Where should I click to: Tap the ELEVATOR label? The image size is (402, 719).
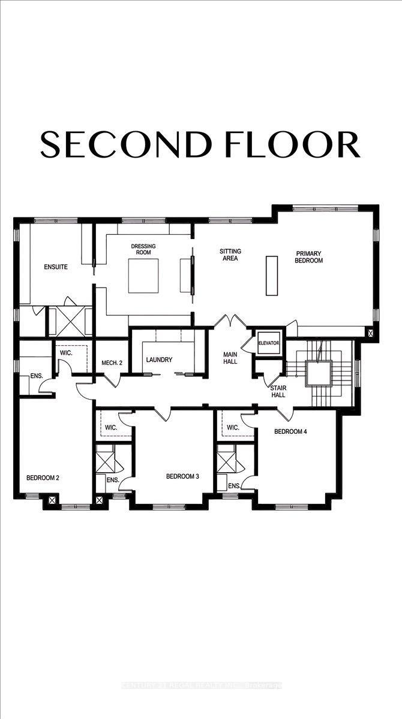click(268, 343)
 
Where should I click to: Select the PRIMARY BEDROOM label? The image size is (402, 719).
click(309, 257)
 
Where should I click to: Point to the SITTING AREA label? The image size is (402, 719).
click(229, 255)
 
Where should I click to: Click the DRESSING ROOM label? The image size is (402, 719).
click(143, 250)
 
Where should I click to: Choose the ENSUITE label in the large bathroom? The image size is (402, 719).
click(55, 267)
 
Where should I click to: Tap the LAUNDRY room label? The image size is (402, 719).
click(160, 360)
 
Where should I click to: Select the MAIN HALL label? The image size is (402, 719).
click(229, 358)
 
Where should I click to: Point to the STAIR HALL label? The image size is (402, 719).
click(278, 391)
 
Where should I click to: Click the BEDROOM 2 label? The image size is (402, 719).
click(42, 478)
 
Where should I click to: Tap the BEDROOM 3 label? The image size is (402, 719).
click(182, 476)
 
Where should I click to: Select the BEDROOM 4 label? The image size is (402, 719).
click(291, 431)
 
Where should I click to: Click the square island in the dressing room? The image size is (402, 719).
click(145, 276)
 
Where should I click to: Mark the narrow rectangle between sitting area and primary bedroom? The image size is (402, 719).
click(272, 276)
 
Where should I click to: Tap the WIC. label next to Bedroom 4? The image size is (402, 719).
click(233, 428)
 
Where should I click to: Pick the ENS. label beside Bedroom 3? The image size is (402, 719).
click(233, 485)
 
